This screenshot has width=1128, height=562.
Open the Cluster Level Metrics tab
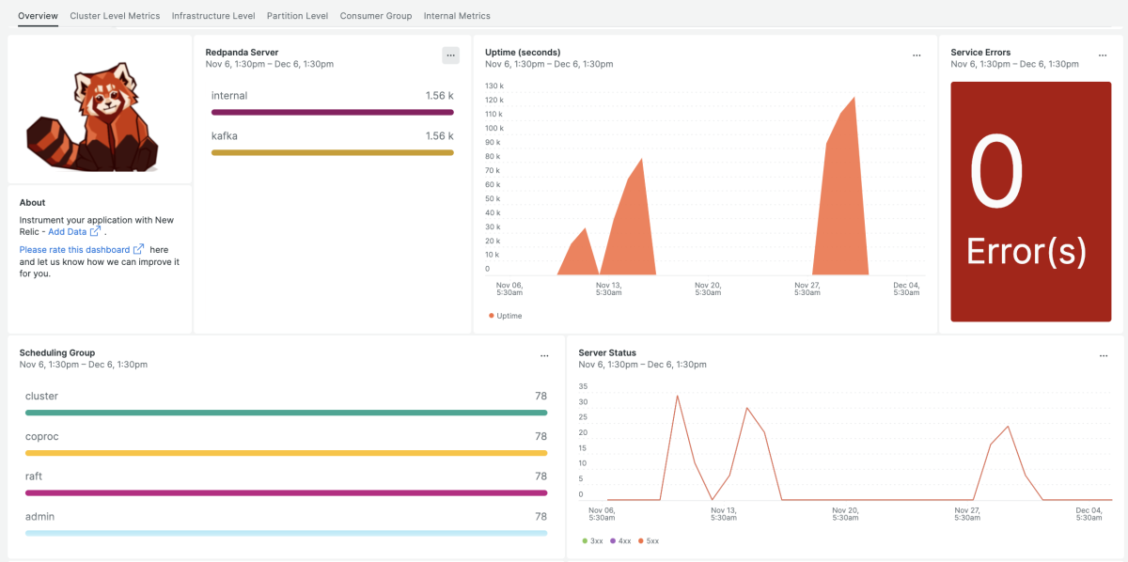coord(115,16)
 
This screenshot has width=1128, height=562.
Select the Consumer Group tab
coord(376,16)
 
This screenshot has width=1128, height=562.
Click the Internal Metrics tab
coord(457,16)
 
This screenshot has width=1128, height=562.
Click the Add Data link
coord(68,231)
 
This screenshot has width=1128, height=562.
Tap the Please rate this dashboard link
coord(75,249)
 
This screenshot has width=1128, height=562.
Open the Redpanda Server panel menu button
coord(450,55)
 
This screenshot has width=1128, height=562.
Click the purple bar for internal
coord(332,112)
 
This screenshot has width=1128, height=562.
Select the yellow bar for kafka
coord(332,152)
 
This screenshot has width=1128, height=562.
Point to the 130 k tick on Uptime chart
coord(493,86)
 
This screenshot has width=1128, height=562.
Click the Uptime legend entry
coord(509,316)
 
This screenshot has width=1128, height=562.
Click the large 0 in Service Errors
coord(996,173)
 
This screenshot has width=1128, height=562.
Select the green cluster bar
coord(286,412)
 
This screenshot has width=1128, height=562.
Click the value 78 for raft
coord(540,476)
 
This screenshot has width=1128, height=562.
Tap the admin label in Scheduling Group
coord(39,517)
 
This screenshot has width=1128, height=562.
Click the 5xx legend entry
coord(650,540)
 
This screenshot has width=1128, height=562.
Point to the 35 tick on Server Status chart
coord(583,386)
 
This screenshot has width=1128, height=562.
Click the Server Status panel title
coord(607,352)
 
